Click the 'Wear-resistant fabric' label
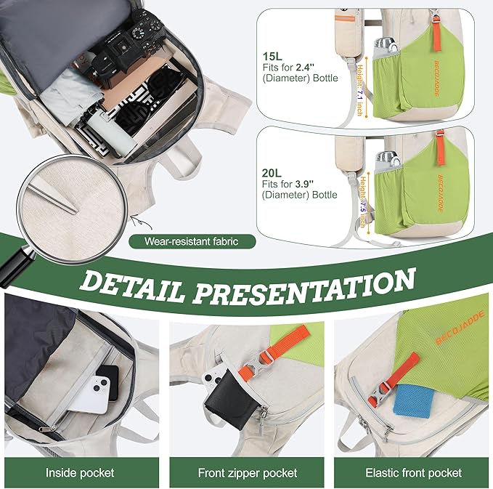[191, 241]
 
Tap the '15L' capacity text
[272, 57]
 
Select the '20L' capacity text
[272, 173]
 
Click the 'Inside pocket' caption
[80, 472]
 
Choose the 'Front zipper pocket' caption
[248, 472]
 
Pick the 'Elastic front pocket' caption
[413, 472]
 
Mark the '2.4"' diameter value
[305, 67]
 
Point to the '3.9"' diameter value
[304, 184]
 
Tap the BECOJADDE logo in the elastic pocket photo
[460, 329]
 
